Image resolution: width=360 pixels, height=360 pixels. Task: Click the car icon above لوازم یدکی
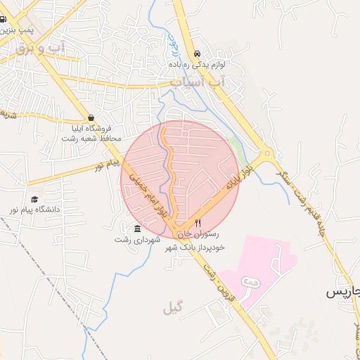[197, 53]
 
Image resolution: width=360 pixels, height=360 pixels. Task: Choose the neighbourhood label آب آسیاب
[199, 83]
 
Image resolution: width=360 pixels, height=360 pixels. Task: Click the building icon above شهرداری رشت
[136, 228]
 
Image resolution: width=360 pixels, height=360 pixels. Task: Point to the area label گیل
[172, 308]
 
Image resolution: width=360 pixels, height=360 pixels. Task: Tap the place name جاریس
[343, 292]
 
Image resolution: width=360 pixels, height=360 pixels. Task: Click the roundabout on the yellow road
[266, 154]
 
